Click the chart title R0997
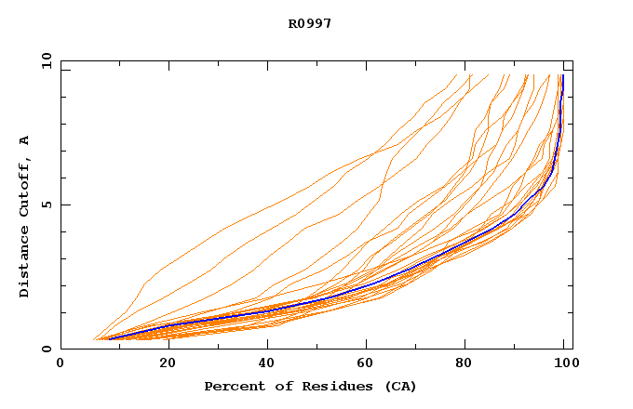(x=310, y=23)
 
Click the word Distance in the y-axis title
(x=24, y=266)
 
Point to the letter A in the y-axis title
(x=24, y=140)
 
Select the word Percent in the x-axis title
(x=232, y=386)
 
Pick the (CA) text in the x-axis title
(x=397, y=386)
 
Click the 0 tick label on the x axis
(x=61, y=363)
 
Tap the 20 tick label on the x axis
(x=162, y=363)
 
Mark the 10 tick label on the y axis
(x=46, y=60)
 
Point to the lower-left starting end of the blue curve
(x=110, y=338)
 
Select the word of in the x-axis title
(x=280, y=386)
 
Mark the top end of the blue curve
(x=562, y=76)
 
